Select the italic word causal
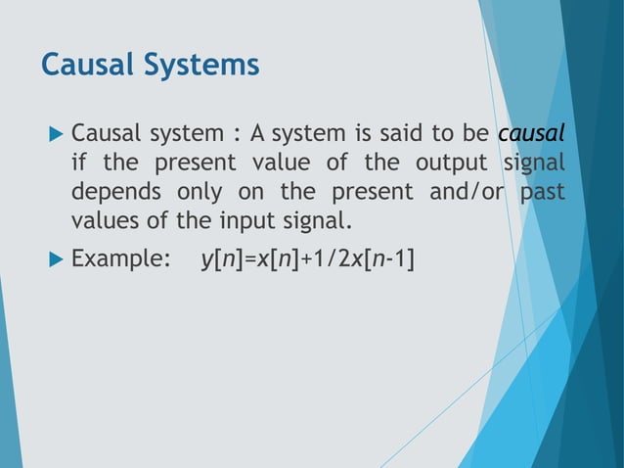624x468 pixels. (531, 132)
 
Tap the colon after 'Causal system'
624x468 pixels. (231, 134)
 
